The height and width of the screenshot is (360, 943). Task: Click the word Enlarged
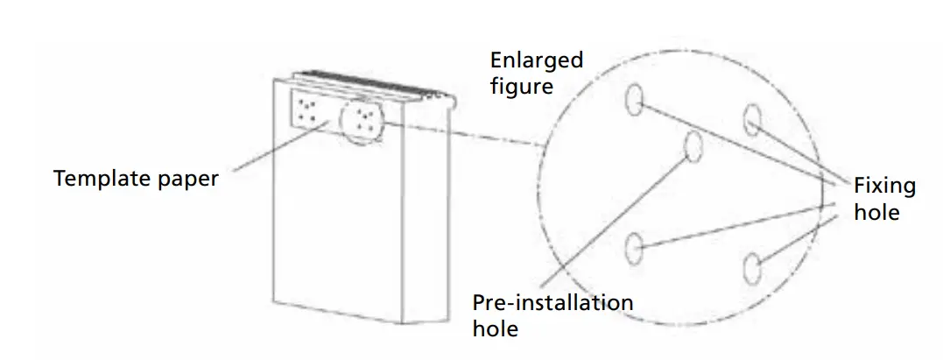(536, 60)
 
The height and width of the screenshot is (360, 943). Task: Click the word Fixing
(884, 186)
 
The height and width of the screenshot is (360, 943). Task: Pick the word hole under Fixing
(876, 211)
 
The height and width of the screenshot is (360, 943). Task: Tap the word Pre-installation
(552, 303)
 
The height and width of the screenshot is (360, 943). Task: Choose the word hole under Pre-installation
(495, 328)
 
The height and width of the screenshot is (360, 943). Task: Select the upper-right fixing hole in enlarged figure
(752, 119)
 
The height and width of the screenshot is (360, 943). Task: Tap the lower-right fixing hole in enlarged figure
(750, 266)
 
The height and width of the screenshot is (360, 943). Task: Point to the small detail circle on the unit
(361, 121)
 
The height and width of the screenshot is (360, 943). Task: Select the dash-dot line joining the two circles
(464, 133)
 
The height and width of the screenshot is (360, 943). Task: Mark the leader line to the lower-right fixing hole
(792, 238)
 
